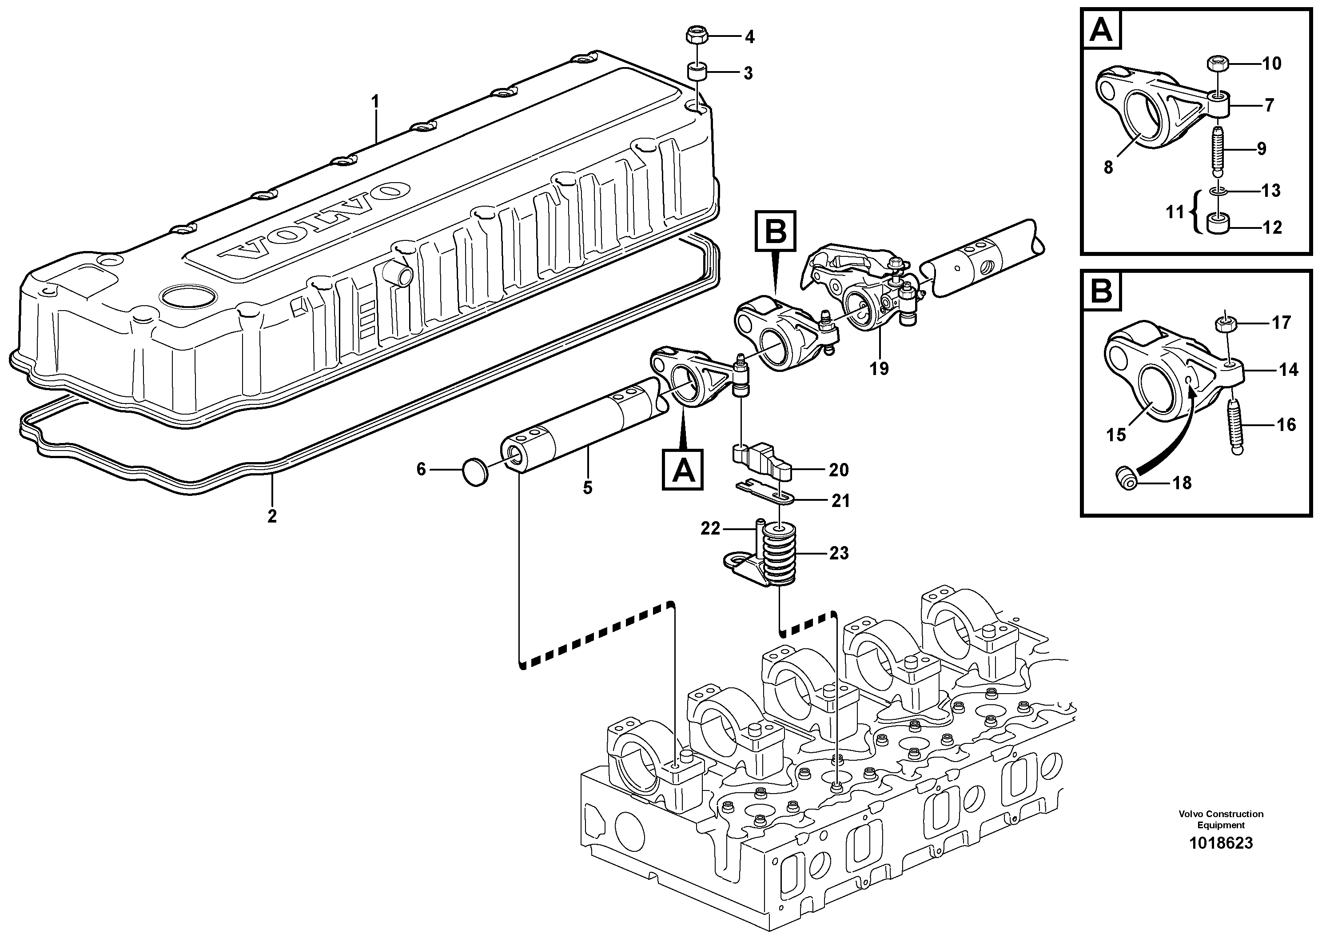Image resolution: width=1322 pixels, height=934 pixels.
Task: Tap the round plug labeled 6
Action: click(x=475, y=471)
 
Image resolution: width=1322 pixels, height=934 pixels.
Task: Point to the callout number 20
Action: click(x=838, y=470)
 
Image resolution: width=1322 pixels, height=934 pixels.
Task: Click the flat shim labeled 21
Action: click(x=766, y=492)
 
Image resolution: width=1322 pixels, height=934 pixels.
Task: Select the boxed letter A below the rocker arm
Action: click(x=682, y=469)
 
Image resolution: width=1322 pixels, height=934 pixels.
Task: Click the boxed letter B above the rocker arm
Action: click(x=775, y=231)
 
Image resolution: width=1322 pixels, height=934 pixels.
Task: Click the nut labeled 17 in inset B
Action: click(x=1225, y=324)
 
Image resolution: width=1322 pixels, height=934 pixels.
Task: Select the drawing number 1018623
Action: click(x=1221, y=843)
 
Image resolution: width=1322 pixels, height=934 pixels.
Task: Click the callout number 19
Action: click(x=879, y=368)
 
